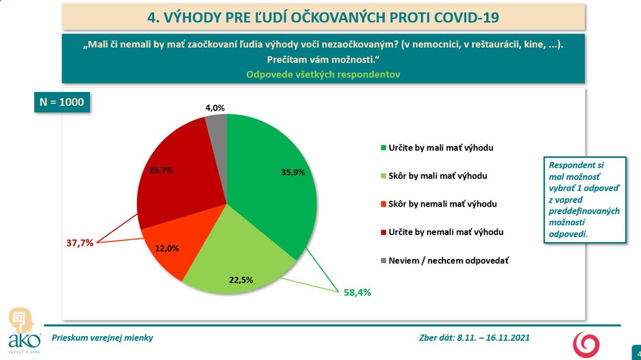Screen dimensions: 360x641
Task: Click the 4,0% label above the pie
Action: tap(215, 108)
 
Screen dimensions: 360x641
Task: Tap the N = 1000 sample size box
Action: tap(61, 102)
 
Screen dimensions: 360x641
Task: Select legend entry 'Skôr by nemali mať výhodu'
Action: tap(441, 204)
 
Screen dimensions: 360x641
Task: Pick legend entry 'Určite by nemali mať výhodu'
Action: tap(445, 232)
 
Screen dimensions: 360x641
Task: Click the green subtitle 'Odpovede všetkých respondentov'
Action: tap(322, 74)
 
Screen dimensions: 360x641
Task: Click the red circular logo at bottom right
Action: tap(586, 344)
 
